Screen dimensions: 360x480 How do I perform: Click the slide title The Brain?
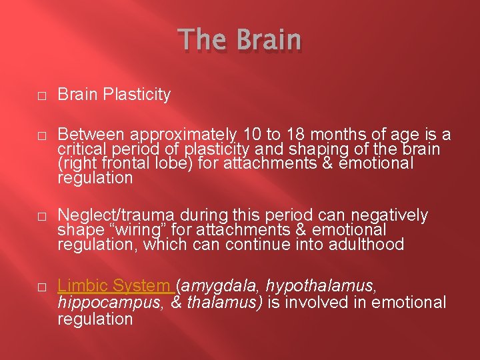pyautogui.click(x=240, y=40)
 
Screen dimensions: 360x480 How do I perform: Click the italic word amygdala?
pyautogui.click(x=221, y=287)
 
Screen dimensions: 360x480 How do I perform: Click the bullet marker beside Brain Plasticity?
pyautogui.click(x=41, y=96)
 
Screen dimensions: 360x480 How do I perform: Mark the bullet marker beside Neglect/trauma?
pyautogui.click(x=41, y=216)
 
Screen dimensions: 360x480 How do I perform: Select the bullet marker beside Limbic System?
pyautogui.click(x=41, y=287)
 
